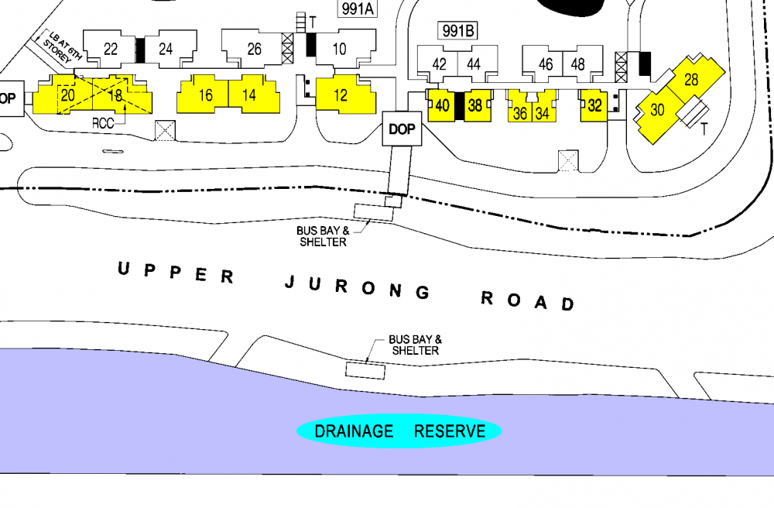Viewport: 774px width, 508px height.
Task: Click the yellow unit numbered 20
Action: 67,96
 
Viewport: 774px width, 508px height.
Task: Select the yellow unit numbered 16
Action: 205,95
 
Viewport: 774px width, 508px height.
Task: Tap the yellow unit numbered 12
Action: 341,95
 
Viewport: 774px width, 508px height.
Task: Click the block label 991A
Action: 358,9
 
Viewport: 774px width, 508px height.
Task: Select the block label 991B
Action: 457,31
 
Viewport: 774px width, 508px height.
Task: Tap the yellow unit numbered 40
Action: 442,106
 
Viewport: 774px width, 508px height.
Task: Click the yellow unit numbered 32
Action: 594,106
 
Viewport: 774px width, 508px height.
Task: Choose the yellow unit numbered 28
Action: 691,79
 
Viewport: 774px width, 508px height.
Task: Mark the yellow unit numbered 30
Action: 657,110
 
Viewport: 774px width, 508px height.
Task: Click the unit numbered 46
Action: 546,64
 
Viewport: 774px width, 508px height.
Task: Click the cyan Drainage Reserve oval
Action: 399,431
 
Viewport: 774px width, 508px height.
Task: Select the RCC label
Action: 103,122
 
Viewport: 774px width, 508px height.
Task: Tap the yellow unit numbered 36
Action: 520,113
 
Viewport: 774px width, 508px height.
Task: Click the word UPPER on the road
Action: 174,273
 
